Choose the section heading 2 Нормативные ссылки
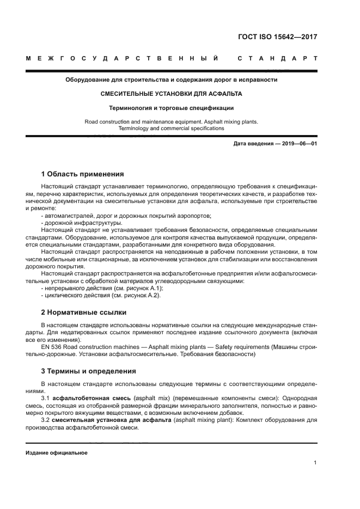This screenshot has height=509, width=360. point(84,312)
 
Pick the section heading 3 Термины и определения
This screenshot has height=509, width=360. point(89,371)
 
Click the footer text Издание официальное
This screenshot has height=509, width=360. point(57,453)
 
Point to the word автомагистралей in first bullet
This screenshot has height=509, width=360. point(69,216)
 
